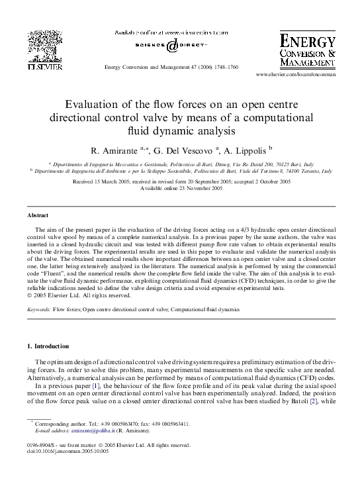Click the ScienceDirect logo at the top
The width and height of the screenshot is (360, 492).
(x=171, y=45)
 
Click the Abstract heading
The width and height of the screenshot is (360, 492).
(x=38, y=216)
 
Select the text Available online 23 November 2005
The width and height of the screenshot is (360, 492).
(x=180, y=188)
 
